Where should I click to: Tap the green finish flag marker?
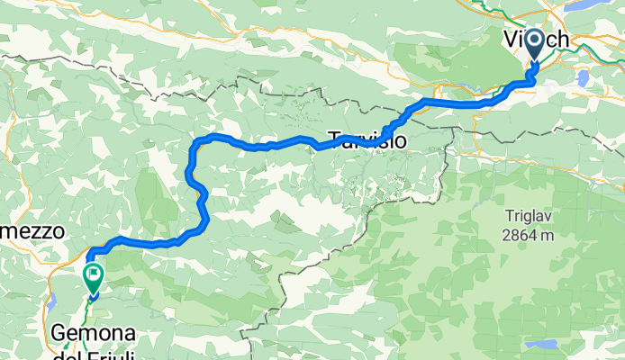93,274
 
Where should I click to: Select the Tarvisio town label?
367,140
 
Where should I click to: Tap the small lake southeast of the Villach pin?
584,79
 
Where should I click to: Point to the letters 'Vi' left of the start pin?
512,40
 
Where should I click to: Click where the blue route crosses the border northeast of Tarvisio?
430,102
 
